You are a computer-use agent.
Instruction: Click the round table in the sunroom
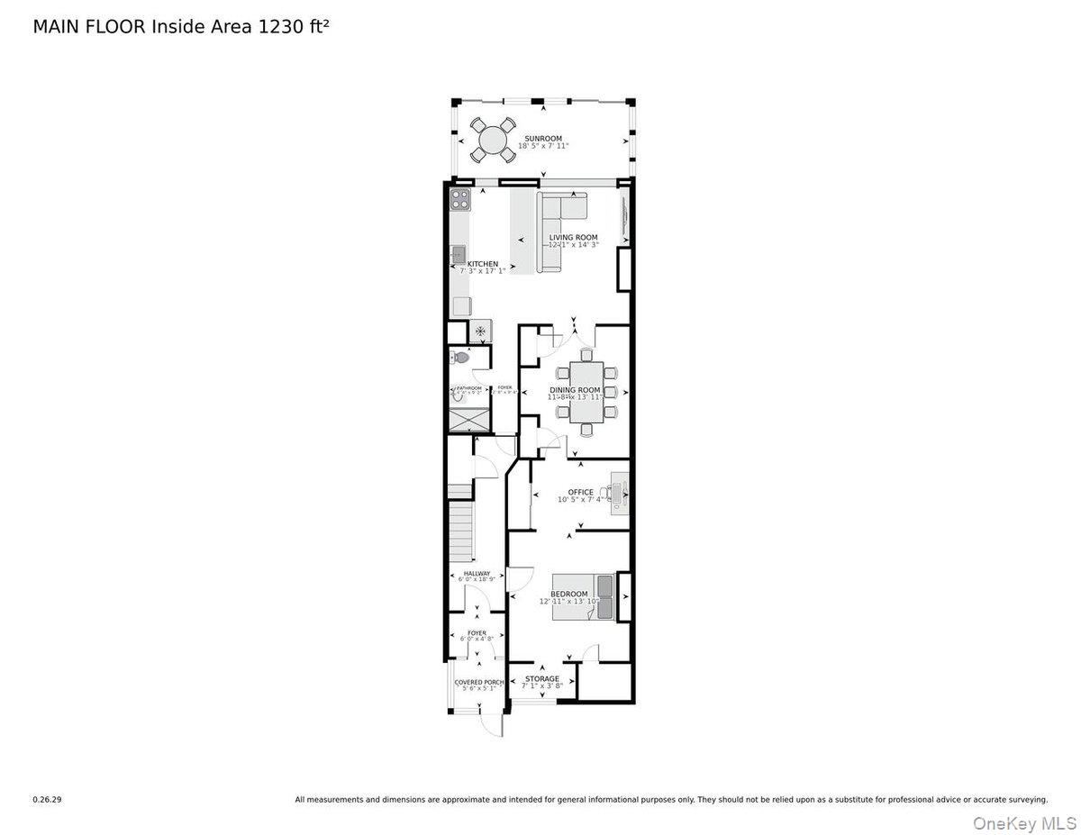pyautogui.click(x=493, y=140)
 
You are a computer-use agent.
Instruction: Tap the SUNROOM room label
pyautogui.click(x=543, y=139)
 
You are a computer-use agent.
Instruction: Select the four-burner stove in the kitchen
pyautogui.click(x=459, y=198)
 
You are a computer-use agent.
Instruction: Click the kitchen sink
pyautogui.click(x=458, y=255)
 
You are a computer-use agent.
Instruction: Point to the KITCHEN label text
pyautogui.click(x=482, y=264)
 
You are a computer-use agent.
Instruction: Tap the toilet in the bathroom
pyautogui.click(x=460, y=358)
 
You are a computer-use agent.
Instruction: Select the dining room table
pyautogui.click(x=586, y=391)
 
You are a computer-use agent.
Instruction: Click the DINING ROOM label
pyautogui.click(x=575, y=390)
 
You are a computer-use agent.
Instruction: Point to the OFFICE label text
pyautogui.click(x=581, y=492)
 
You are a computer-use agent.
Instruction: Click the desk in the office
pyautogui.click(x=619, y=492)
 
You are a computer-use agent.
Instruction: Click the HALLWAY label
pyautogui.click(x=477, y=573)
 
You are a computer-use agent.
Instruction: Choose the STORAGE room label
pyautogui.click(x=542, y=678)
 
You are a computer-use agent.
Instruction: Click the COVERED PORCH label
pyautogui.click(x=479, y=682)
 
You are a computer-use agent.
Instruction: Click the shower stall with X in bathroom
pyautogui.click(x=469, y=419)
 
